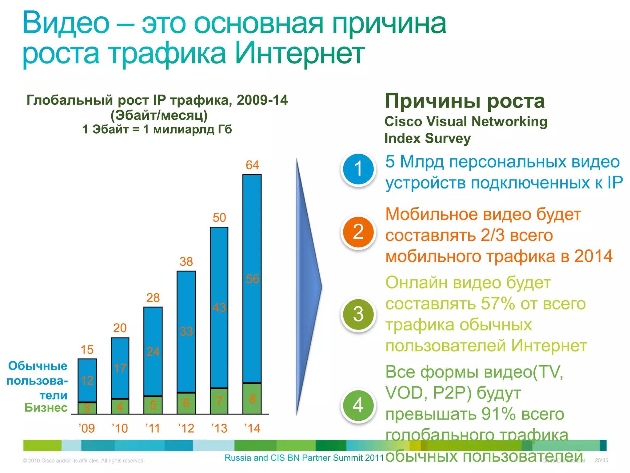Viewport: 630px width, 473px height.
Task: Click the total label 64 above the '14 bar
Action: coord(252,165)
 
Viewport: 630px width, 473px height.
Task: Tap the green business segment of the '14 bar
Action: coord(252,398)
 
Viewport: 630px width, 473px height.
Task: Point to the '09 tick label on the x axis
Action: coord(87,428)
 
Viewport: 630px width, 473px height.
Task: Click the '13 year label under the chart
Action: coord(219,428)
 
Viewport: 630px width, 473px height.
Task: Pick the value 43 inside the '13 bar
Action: coord(219,308)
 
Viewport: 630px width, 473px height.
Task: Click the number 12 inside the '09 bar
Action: coord(87,381)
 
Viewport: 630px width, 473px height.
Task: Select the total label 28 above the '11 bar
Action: coord(153,298)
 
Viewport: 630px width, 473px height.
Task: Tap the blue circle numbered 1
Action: coord(358,169)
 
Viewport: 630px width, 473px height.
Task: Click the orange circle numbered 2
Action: coord(358,232)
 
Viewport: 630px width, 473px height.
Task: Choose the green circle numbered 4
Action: coord(358,406)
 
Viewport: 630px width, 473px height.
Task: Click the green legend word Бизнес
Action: coord(46,408)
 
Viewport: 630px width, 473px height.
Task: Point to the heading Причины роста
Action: coord(465,101)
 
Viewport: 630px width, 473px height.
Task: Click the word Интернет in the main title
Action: coord(300,53)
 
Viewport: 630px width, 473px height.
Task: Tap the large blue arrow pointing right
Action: coord(308,286)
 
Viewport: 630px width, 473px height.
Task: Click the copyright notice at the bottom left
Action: coord(84,461)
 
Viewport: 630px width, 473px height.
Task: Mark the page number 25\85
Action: coord(601,460)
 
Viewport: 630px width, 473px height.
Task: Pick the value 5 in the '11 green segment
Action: coord(153,405)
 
